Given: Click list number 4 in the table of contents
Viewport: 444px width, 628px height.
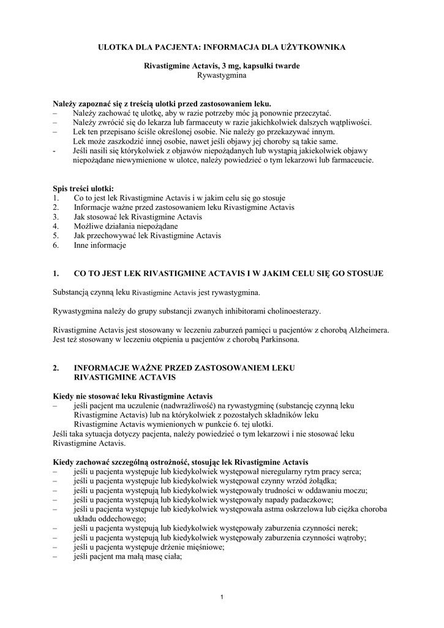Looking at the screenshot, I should click(x=56, y=226).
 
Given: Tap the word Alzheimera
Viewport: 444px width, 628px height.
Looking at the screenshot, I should click(x=366, y=330).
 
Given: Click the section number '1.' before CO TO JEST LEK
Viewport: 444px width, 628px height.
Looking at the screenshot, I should click(x=56, y=273).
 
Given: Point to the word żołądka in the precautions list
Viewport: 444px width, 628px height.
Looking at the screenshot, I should click(x=322, y=481).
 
